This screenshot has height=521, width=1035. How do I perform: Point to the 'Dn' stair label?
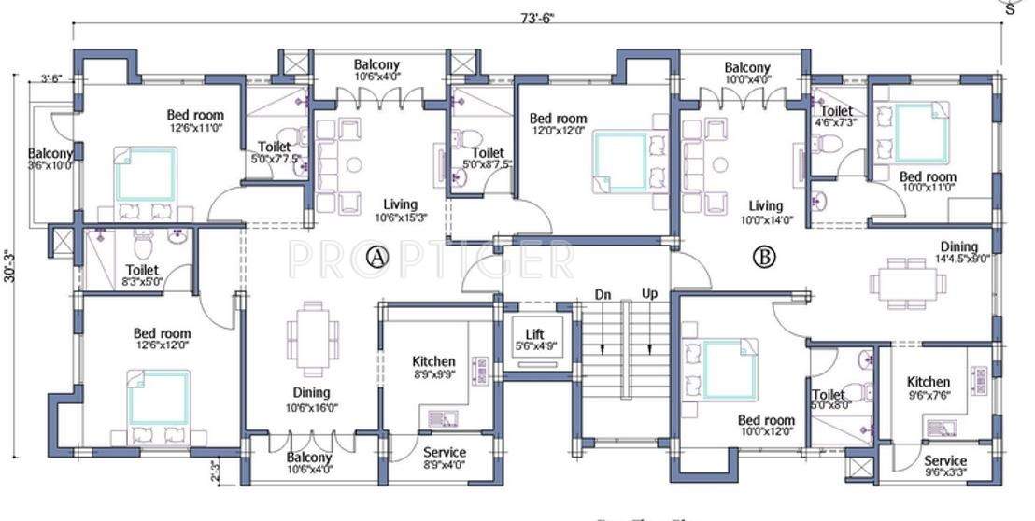point(603,294)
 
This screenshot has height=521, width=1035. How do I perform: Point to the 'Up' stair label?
point(650,294)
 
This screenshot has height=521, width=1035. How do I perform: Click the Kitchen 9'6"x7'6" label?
point(929,387)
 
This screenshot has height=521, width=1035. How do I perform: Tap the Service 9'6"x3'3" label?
point(945,467)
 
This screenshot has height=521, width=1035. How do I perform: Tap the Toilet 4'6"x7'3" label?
point(838,117)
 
